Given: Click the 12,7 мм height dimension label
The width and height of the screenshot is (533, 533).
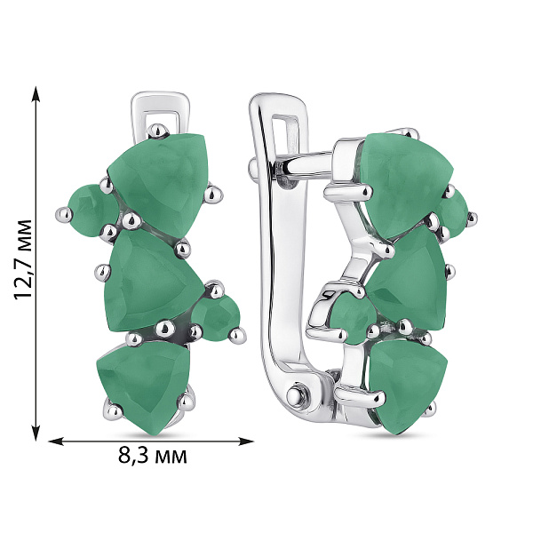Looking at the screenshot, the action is [x=23, y=260].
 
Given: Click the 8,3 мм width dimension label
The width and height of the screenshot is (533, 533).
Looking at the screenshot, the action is [x=152, y=457].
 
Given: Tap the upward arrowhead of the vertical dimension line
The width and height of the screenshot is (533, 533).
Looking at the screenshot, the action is [x=36, y=94].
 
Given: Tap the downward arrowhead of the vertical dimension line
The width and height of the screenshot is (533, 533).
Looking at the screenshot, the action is [x=36, y=434].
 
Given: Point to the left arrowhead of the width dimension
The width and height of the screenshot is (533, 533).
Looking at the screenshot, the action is [x=57, y=442].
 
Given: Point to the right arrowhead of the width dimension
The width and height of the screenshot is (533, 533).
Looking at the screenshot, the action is [x=245, y=442].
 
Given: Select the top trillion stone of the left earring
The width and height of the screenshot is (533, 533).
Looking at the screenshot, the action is [x=159, y=184].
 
